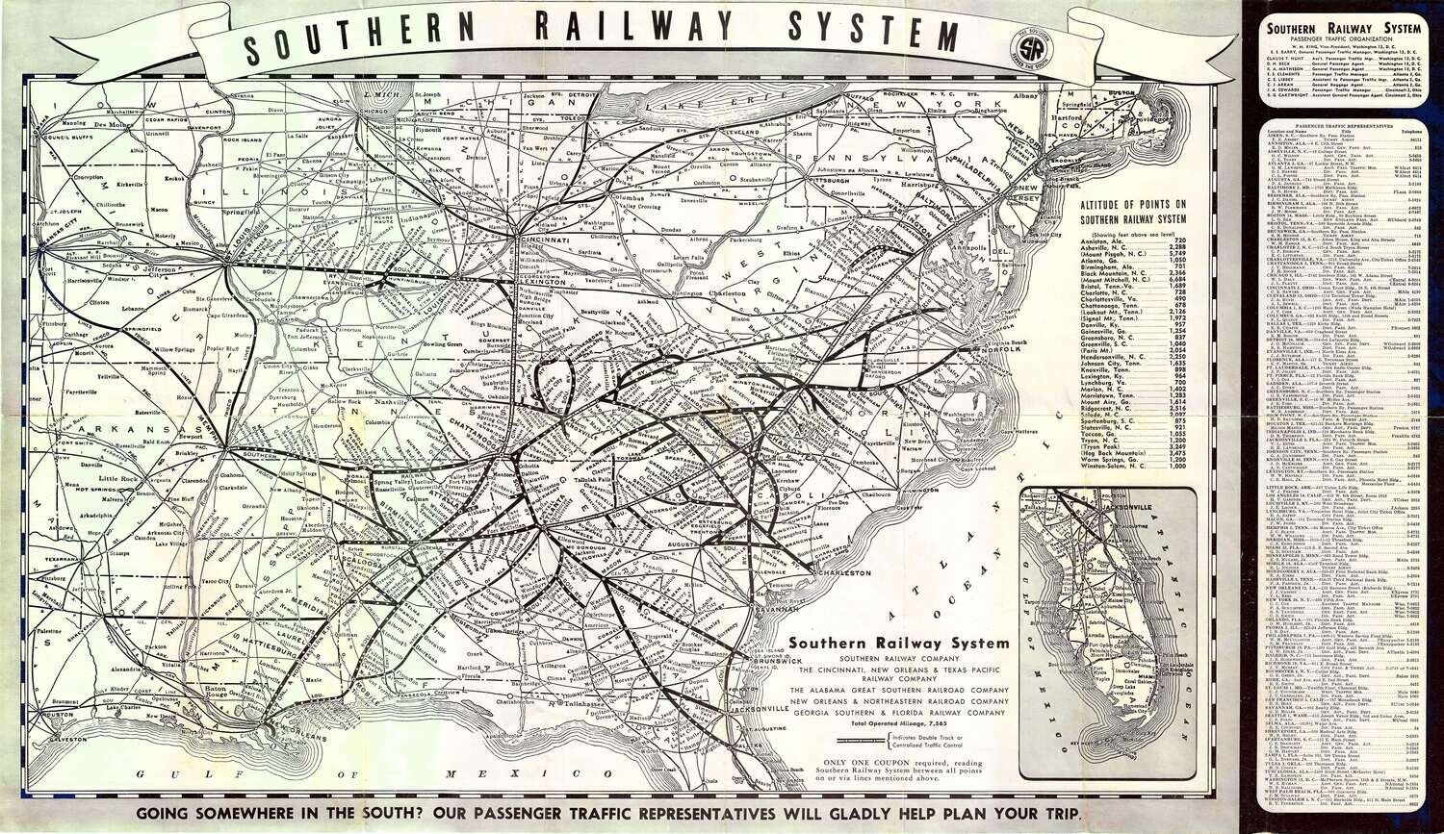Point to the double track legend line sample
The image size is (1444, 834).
click(x=863, y=742)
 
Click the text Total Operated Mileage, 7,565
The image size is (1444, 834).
click(x=898, y=722)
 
